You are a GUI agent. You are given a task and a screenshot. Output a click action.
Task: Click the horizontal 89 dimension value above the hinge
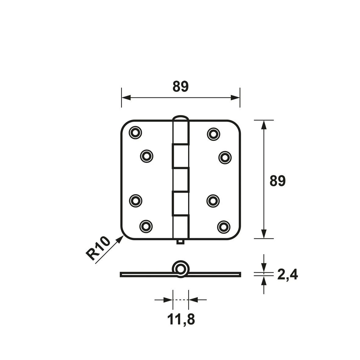click(x=180, y=87)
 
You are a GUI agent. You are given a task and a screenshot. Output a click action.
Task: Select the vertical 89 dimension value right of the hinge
click(x=277, y=181)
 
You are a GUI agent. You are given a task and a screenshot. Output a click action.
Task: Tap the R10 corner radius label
click(x=98, y=248)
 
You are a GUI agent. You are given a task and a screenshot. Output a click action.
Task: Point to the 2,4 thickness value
click(x=287, y=275)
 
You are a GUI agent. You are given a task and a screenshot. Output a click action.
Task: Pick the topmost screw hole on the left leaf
click(x=135, y=132)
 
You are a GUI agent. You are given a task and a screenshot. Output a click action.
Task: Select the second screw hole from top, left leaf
click(x=147, y=156)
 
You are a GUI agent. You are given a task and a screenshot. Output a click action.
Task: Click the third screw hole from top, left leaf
click(x=135, y=200)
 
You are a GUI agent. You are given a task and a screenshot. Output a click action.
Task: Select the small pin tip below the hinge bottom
click(x=180, y=242)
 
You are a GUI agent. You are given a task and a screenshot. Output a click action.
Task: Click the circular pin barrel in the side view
click(x=181, y=269)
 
